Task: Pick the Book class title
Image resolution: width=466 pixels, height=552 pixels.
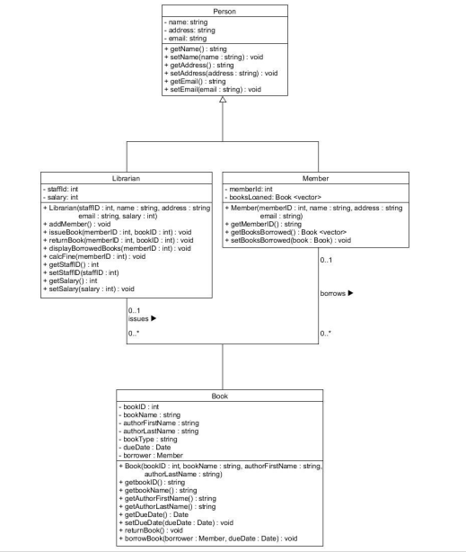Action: [220, 395]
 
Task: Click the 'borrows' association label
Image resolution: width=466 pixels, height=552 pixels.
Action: [337, 293]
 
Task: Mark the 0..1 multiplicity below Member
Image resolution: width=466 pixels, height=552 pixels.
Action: [326, 260]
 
